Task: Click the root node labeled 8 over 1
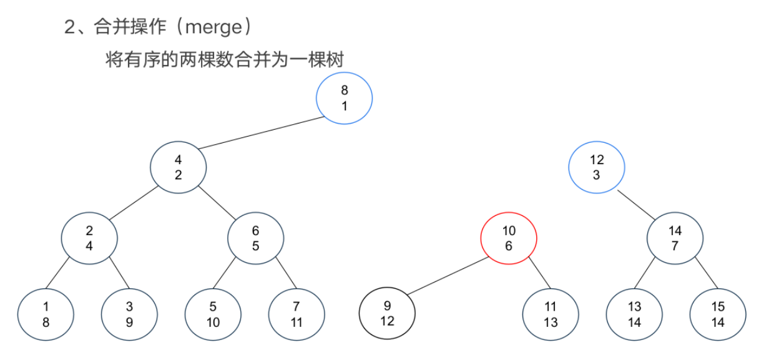point(345,98)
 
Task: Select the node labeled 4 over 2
point(179,167)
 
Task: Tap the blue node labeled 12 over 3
point(597,167)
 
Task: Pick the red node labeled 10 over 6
point(509,238)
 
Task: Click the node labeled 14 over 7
point(675,238)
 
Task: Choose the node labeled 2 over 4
point(89,238)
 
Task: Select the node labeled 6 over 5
point(256,238)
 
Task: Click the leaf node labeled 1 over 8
point(46,314)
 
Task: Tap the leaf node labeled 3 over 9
point(129,314)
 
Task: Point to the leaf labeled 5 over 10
point(213,314)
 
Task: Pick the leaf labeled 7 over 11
point(297,314)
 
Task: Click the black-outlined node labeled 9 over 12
point(387,313)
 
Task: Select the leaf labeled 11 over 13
point(551,314)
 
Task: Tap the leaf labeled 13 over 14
point(634,314)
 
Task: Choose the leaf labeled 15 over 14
point(718,314)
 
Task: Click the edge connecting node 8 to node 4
point(262,133)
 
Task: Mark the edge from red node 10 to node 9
point(448,276)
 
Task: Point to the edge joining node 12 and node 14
point(636,205)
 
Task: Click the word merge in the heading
point(214,27)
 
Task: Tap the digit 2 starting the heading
point(69,27)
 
